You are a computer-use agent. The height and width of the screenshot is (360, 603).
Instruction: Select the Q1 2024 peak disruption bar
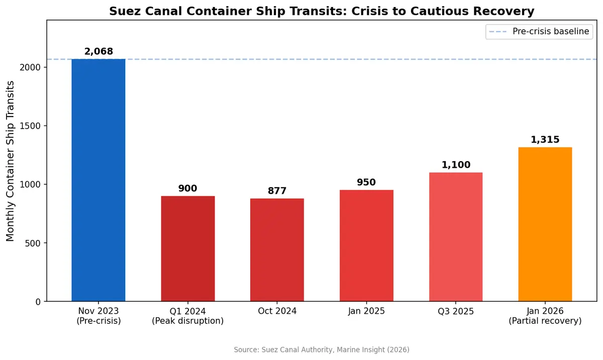click(188, 249)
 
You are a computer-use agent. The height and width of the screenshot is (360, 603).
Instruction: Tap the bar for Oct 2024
click(277, 250)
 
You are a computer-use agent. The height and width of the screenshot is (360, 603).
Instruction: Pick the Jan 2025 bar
click(366, 246)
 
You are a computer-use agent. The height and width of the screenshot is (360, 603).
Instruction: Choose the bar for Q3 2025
click(456, 237)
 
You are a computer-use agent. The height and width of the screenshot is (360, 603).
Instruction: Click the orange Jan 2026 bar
click(545, 224)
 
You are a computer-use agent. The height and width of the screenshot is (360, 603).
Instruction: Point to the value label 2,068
click(98, 51)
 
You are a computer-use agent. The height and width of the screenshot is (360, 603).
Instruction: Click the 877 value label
click(277, 191)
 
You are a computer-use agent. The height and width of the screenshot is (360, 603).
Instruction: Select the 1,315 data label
click(545, 140)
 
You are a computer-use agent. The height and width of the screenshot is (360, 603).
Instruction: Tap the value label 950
click(366, 182)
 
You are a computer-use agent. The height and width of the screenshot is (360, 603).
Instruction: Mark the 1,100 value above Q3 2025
click(456, 165)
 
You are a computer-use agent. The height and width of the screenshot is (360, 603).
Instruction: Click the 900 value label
click(188, 188)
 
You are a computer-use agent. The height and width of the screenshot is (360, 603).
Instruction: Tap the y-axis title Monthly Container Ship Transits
click(11, 161)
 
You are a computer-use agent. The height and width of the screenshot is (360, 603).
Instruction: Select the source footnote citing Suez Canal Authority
click(322, 349)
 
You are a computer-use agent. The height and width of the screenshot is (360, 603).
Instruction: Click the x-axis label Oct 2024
click(277, 311)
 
